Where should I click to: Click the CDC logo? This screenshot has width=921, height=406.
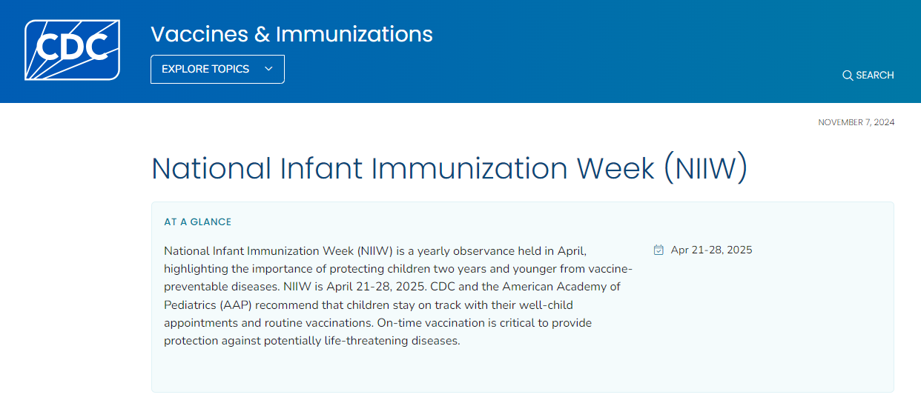pos(72,50)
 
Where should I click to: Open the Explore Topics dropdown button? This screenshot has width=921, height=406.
pos(217,69)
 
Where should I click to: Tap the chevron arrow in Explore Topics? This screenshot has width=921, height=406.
pos(268,69)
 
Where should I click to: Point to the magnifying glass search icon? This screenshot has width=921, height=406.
pos(848,76)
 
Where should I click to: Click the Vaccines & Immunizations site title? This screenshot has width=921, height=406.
pos(291,34)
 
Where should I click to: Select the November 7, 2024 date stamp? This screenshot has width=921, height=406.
pos(856,122)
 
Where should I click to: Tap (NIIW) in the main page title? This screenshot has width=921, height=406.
pos(704,169)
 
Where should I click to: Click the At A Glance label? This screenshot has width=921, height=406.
pos(197,222)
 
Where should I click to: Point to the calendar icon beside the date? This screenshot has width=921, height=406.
pos(658,250)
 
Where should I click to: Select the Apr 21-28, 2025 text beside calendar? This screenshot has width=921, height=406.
pos(711,250)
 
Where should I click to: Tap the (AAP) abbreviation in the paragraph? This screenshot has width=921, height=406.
pos(240,304)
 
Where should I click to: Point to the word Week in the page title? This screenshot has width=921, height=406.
pos(615,169)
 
